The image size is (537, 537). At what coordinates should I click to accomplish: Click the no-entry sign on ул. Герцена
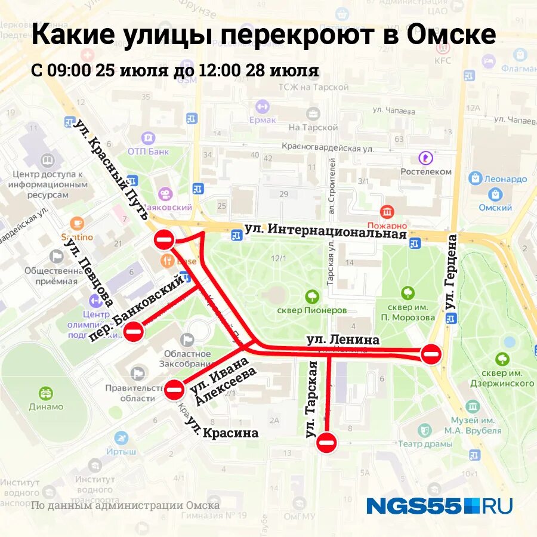click(431, 353)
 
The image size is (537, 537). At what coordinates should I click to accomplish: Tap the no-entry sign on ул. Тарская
click(327, 442)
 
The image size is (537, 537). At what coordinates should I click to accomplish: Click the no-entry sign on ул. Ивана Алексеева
click(175, 389)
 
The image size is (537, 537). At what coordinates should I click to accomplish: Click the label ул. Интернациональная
click(325, 230)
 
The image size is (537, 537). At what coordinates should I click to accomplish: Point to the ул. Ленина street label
click(343, 340)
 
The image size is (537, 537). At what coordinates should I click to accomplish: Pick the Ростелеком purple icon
click(425, 158)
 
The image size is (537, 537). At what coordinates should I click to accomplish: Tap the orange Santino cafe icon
click(77, 223)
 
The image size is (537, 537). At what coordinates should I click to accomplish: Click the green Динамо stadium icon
click(46, 394)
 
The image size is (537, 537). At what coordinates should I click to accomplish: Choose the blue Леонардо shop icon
click(476, 178)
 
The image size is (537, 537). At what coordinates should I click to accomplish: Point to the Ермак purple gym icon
click(262, 106)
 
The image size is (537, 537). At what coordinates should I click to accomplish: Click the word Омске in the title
click(452, 35)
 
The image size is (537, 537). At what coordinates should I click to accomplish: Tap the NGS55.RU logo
click(439, 506)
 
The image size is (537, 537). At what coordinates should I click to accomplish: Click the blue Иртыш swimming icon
click(122, 438)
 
